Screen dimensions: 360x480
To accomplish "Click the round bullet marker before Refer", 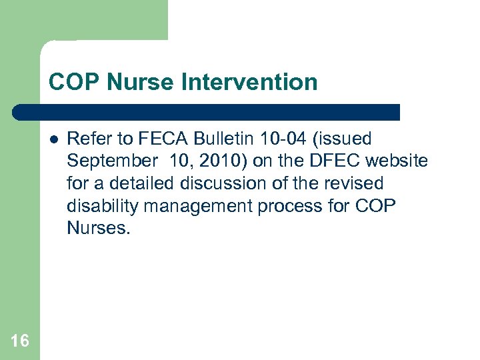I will click(53, 139).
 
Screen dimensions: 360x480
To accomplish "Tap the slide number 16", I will click(20, 341).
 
